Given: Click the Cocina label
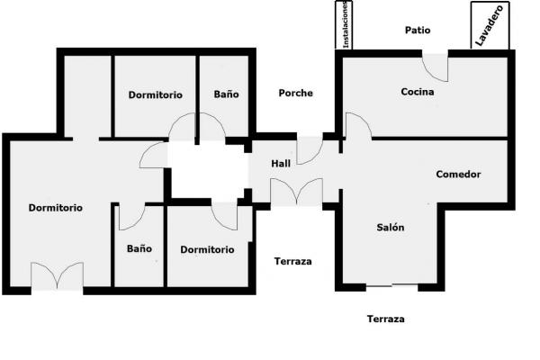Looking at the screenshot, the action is (x=418, y=92).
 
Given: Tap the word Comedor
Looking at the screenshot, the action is (x=458, y=175).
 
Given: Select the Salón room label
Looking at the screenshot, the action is (x=391, y=228).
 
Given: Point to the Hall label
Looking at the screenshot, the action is (x=281, y=164).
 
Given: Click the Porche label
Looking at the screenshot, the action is (x=296, y=93).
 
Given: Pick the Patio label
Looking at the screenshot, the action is (x=418, y=31).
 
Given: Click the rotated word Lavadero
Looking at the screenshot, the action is (x=490, y=25).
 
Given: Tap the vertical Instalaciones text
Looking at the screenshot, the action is (x=346, y=25).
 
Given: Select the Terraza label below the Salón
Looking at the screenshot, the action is (x=386, y=319).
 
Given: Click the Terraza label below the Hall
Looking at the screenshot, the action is (x=293, y=262).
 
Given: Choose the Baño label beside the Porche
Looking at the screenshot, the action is (x=226, y=94).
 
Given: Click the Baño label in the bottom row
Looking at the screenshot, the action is (x=139, y=248).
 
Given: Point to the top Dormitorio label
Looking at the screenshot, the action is (x=156, y=95).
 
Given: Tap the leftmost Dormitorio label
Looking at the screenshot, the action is (x=56, y=208).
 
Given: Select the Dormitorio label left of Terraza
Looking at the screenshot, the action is (x=207, y=250).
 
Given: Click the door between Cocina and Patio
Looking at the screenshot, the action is (x=436, y=67).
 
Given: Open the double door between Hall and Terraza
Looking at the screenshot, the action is (x=296, y=193).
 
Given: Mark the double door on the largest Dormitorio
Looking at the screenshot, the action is (x=58, y=275).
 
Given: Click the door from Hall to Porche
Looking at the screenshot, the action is (x=310, y=150).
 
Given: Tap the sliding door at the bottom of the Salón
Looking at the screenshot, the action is (x=391, y=285).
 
